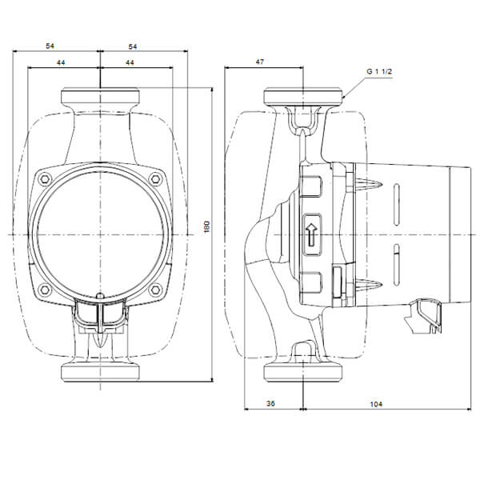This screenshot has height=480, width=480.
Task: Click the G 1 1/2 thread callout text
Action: [379, 72]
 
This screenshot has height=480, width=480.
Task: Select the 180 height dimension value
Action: [207, 226]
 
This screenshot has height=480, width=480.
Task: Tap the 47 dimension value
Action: [259, 62]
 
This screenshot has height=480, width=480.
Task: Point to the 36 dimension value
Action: [270, 403]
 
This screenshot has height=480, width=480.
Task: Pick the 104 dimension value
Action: [376, 404]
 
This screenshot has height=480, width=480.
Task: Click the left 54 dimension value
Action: [50, 46]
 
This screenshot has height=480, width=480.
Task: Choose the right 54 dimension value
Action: [133, 46]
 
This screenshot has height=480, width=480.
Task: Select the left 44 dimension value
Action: [61, 62]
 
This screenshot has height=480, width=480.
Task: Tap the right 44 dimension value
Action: [130, 62]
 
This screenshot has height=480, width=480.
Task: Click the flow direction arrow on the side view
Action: [311, 234]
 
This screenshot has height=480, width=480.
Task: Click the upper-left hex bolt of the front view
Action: [45, 179]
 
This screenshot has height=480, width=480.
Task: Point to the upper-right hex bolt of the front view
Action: [155, 179]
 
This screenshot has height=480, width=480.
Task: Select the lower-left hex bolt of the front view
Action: [45, 290]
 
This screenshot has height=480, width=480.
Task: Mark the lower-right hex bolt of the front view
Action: [155, 290]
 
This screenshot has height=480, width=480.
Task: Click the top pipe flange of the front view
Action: [101, 96]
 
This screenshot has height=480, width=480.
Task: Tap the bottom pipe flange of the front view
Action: [101, 373]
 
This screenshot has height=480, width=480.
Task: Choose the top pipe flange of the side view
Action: [303, 96]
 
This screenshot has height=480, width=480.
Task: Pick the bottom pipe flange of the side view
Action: [303, 373]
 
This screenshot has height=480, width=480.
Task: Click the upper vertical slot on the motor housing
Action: [397, 205]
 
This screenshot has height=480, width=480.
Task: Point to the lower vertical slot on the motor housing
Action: [397, 265]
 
